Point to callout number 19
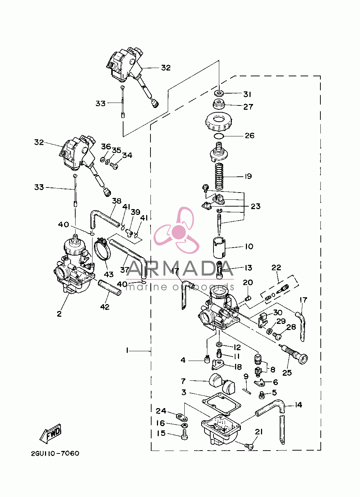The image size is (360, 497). click(248, 176)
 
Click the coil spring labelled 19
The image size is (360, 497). click(219, 177)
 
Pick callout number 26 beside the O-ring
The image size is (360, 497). click(249, 136)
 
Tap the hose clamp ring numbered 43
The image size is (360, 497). click(103, 255)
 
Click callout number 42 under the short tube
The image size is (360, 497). click(105, 307)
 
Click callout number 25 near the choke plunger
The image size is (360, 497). click(287, 372)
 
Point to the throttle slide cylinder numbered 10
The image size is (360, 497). click(220, 248)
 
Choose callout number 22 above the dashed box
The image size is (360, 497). click(276, 267)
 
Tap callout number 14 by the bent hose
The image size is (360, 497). click(298, 405)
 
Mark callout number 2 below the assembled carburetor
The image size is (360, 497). click(59, 314)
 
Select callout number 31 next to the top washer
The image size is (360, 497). click(247, 94)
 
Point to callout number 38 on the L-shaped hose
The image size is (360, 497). click(117, 201)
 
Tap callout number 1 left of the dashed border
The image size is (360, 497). click(127, 351)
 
